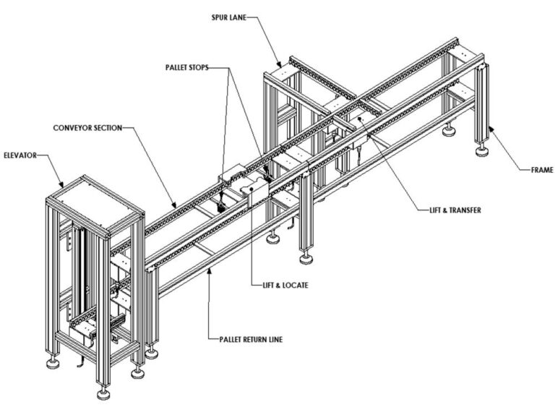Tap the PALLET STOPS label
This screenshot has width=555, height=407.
tap(186, 67)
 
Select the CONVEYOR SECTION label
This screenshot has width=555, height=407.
tap(87, 128)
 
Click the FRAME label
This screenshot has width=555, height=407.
tap(540, 171)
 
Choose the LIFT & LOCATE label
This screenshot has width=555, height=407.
tap(283, 286)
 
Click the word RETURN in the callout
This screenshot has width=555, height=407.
tap(253, 338)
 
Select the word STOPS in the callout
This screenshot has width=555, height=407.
tap(201, 67)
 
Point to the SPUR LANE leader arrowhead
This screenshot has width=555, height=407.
tap(281, 67)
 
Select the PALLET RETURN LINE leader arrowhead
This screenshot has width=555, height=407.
tap(210, 268)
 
